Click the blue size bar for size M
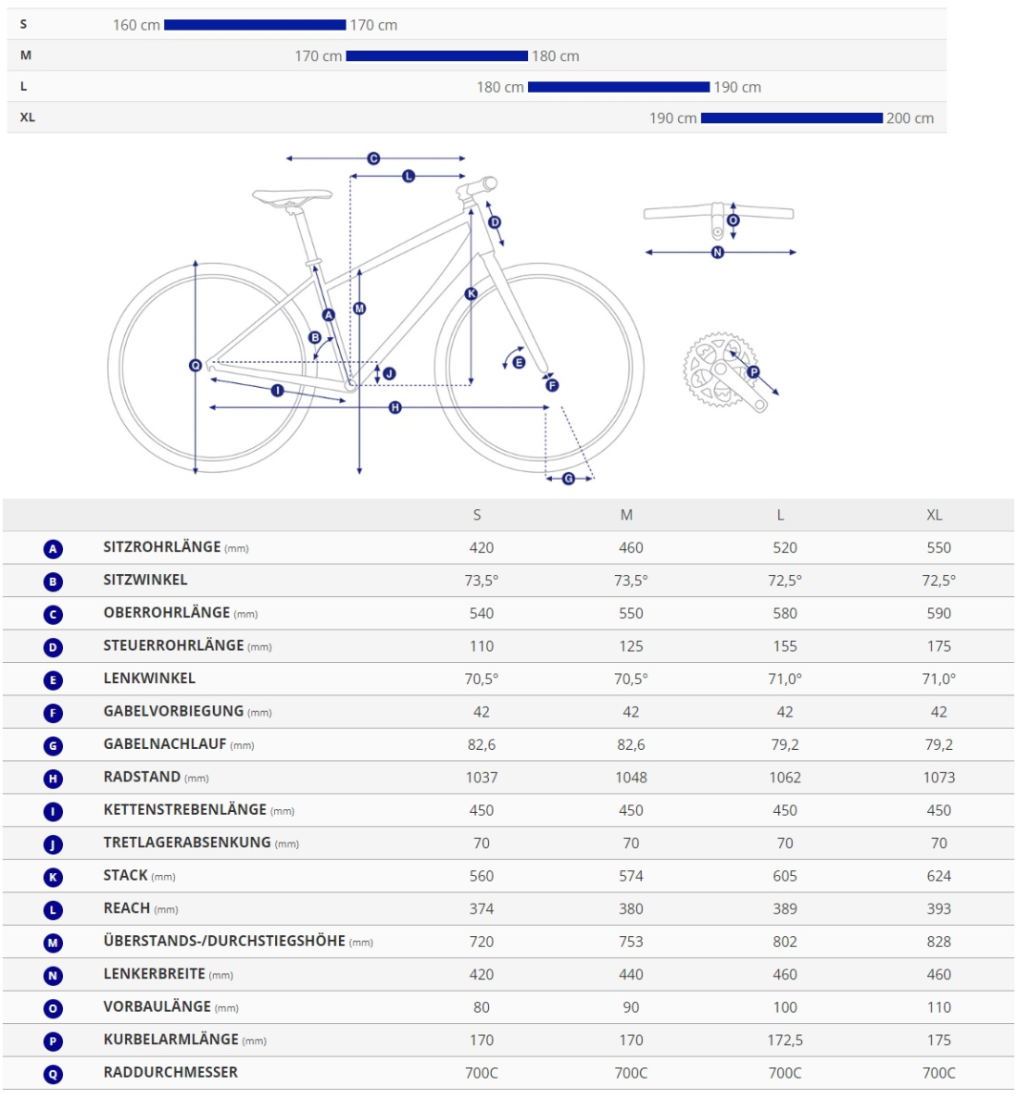[436, 56]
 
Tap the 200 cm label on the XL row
[910, 119]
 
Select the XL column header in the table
[934, 515]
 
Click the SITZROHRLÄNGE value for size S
[481, 547]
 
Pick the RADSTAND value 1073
[938, 778]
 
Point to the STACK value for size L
[785, 876]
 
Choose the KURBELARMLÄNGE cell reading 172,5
[785, 1040]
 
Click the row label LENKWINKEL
[149, 679]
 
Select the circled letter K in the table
[53, 877]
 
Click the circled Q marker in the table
[53, 1074]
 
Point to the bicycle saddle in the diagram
[292, 195]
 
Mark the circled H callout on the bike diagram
[395, 407]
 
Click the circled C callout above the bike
[373, 159]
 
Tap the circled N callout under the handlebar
[717, 252]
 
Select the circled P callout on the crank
[753, 372]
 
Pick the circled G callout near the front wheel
[569, 479]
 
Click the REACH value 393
[938, 909]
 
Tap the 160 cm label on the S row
[136, 26]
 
